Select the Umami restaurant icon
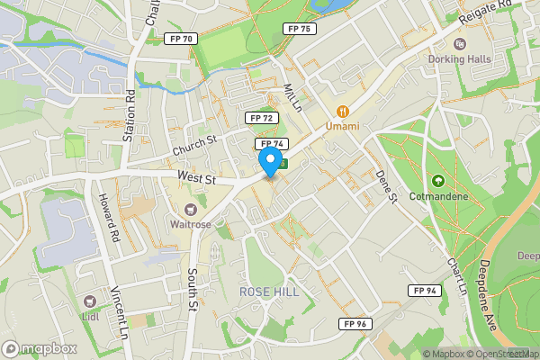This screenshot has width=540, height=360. click(342, 111)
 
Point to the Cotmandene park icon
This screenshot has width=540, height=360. click(439, 181)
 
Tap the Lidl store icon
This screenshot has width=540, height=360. click(89, 302)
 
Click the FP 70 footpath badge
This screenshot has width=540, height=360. click(181, 39)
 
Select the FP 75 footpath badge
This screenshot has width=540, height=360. click(300, 29)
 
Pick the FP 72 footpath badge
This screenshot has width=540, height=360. click(262, 118)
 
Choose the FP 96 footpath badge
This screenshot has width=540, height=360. click(355, 324)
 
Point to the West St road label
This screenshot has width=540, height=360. click(198, 179)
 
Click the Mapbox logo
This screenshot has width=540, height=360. click(40, 348)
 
